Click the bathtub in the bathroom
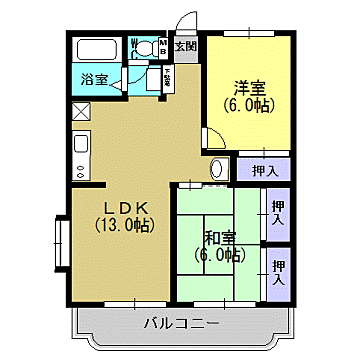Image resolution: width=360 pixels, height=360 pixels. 95,49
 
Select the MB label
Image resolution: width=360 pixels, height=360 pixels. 164,45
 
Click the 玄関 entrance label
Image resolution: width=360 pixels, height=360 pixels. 185,46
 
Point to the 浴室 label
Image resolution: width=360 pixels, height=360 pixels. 93,80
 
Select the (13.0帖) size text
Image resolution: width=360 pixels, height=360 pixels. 123,225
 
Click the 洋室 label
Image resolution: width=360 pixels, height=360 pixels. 251,86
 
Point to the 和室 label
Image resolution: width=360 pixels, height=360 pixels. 219,238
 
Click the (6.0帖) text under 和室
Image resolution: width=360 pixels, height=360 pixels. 219,255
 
